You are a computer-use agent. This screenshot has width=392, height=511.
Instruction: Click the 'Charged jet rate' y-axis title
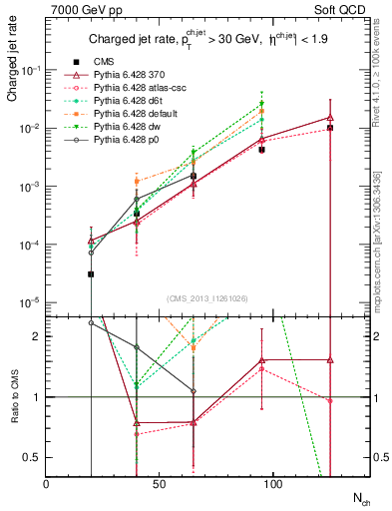(13, 67)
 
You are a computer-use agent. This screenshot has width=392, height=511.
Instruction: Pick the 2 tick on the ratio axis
(37, 336)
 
